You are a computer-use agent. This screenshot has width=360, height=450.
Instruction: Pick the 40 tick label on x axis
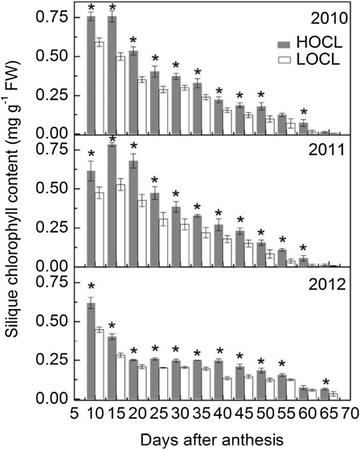click(x=219, y=413)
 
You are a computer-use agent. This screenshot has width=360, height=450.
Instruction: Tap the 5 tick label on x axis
click(x=72, y=413)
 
